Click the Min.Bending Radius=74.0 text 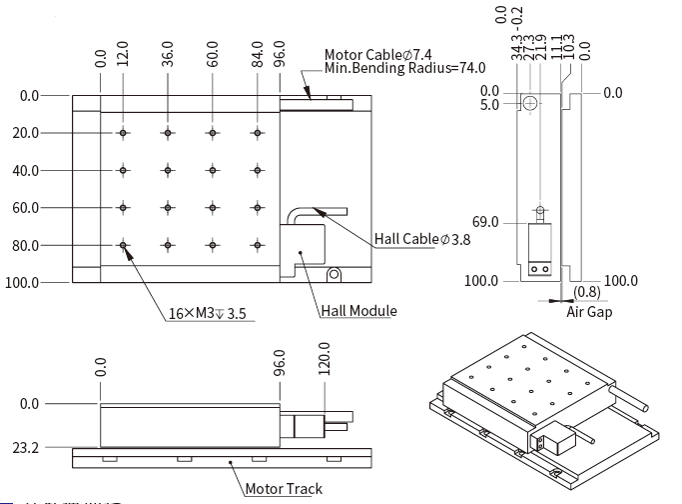point(405,68)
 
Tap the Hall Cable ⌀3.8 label point(421,239)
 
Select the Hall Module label point(358,311)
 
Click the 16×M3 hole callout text point(207,314)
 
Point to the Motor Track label point(284,489)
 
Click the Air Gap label point(590,312)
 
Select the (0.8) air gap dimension point(588,293)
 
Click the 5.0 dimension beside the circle point(489,104)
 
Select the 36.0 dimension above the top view point(168,52)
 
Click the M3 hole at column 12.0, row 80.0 point(124,245)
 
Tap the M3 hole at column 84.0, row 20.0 point(258,133)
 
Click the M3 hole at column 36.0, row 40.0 point(168,170)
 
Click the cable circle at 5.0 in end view point(531,103)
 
